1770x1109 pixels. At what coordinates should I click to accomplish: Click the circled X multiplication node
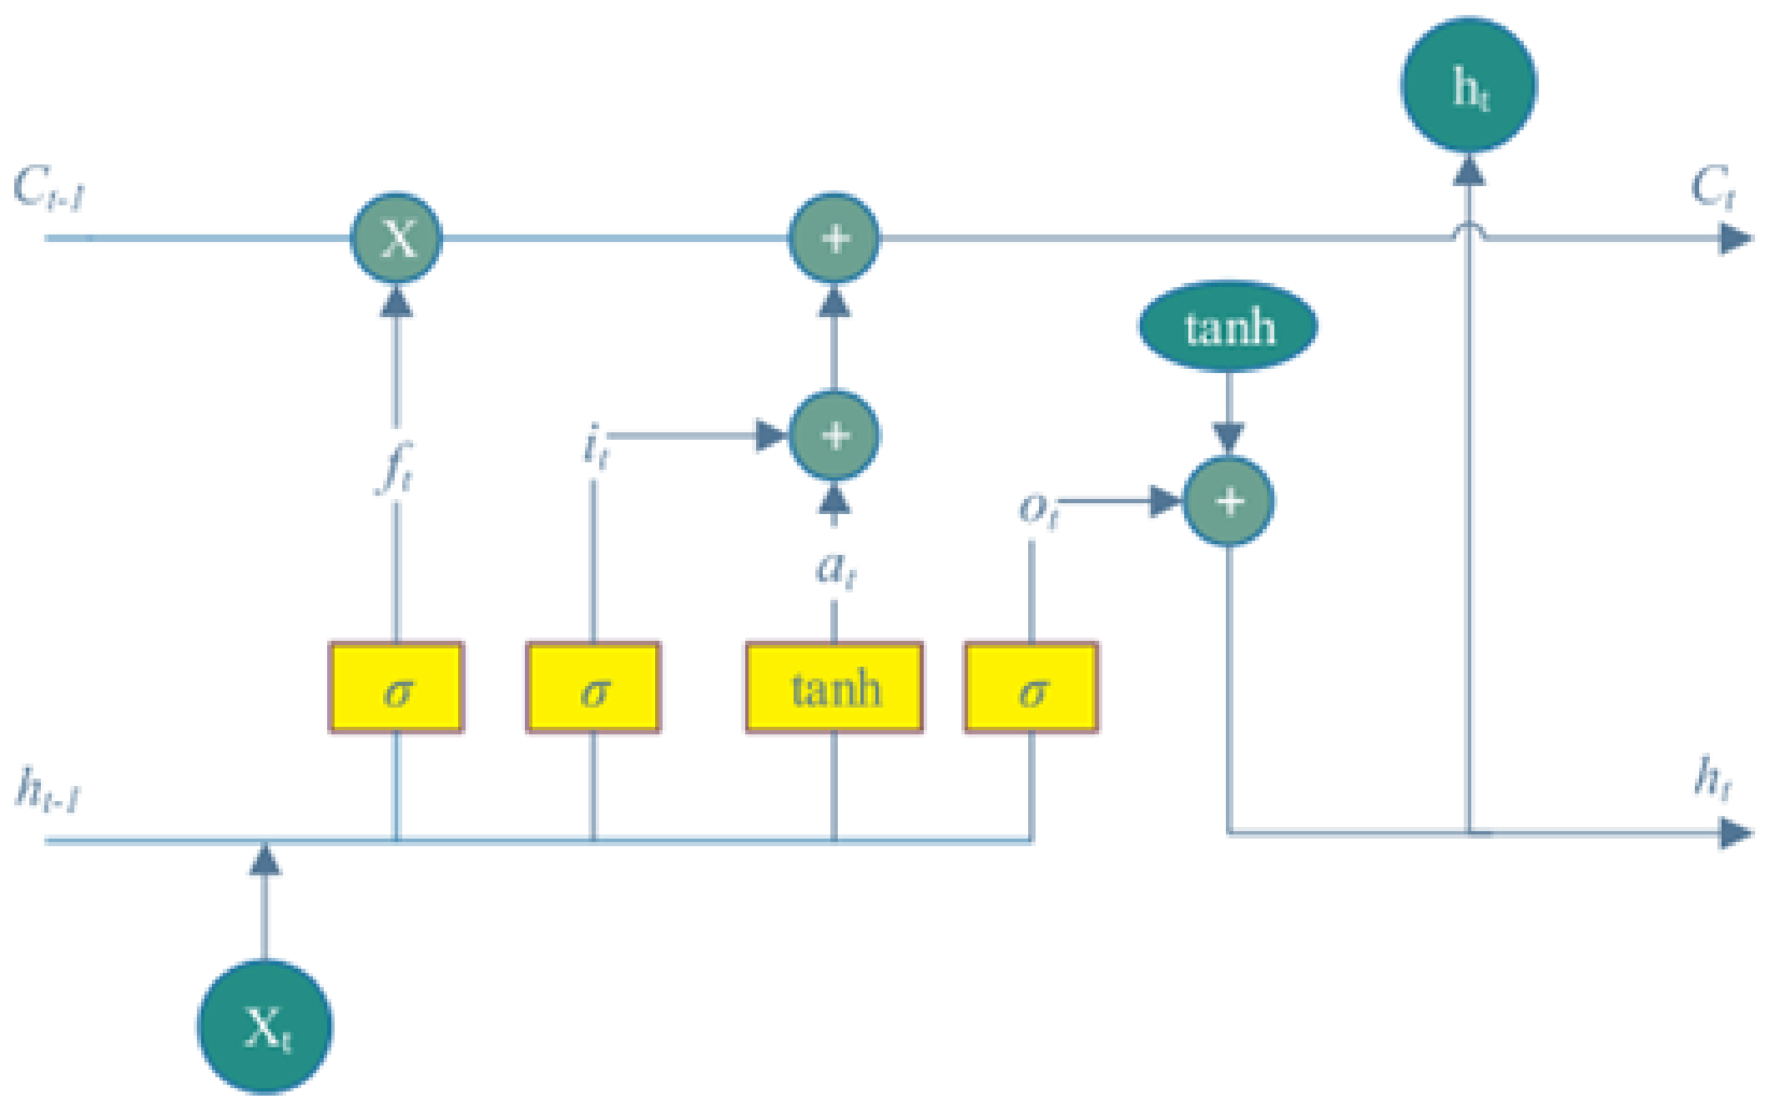(396, 239)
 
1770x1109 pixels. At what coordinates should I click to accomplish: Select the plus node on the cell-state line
(834, 239)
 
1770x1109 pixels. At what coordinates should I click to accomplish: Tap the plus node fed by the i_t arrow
(834, 435)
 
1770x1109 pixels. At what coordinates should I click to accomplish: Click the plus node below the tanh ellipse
(1228, 501)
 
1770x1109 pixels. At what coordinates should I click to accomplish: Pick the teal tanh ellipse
(1228, 326)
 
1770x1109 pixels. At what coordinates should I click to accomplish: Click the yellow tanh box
(834, 688)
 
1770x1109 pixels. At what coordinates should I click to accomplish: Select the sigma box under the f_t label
(396, 688)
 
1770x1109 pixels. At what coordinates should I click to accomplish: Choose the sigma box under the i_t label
(593, 688)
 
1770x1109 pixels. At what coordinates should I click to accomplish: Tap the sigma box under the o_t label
(1031, 688)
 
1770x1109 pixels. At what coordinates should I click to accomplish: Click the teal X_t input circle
(265, 1026)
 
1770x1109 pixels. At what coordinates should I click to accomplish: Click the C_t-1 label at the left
(48, 188)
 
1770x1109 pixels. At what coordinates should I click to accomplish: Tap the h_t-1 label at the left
(48, 788)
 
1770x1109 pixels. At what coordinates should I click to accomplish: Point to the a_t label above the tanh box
(835, 570)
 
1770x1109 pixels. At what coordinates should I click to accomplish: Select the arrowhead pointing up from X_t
(265, 859)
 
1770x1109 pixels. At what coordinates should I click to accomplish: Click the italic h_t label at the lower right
(1712, 778)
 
